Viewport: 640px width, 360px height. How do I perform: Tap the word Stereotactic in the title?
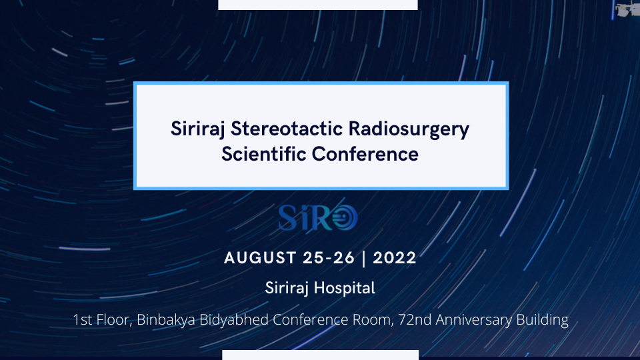click(x=287, y=129)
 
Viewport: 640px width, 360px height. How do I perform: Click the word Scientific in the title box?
click(x=264, y=154)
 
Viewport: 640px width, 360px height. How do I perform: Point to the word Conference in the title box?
click(x=365, y=154)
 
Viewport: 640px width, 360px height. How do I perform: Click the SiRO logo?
click(x=318, y=218)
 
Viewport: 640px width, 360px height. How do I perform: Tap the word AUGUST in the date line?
click(x=260, y=258)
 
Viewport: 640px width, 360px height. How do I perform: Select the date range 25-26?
click(x=329, y=258)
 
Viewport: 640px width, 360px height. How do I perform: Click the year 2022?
click(x=394, y=258)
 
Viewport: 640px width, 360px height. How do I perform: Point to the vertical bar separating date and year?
click(x=364, y=259)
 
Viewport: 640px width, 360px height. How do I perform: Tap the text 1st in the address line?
click(x=83, y=319)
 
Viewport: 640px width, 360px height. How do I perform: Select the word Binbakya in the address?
click(x=166, y=319)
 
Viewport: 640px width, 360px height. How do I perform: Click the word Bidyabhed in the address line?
click(x=234, y=319)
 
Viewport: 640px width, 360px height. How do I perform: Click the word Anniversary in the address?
click(x=473, y=319)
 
